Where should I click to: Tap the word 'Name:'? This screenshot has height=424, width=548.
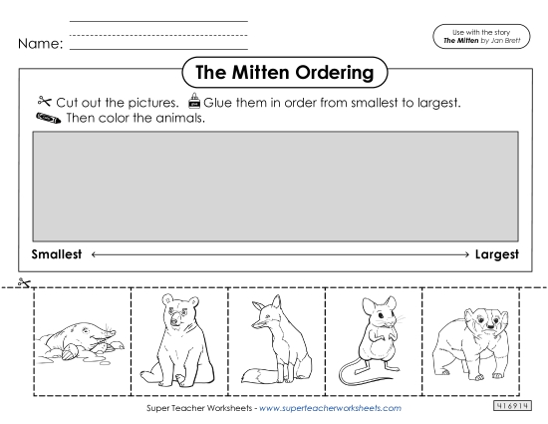tap(40, 44)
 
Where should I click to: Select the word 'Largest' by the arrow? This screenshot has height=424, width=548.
tap(495, 254)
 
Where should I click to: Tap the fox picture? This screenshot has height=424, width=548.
tap(273, 339)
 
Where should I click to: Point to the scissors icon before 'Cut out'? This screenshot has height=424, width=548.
tap(41, 102)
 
